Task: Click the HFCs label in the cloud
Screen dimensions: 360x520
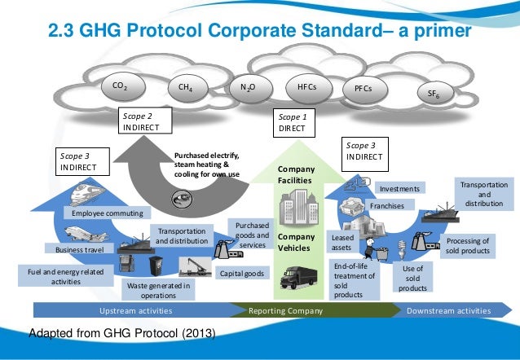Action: [x=307, y=85]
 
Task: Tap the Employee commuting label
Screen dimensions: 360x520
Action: [x=107, y=213]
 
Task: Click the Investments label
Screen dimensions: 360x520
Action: [x=401, y=189]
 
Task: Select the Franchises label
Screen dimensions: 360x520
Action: [x=388, y=206]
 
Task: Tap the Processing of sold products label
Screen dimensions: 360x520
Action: [x=467, y=246]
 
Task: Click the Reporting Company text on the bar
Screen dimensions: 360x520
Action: [x=285, y=311]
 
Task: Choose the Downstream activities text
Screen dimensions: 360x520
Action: [x=448, y=311]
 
